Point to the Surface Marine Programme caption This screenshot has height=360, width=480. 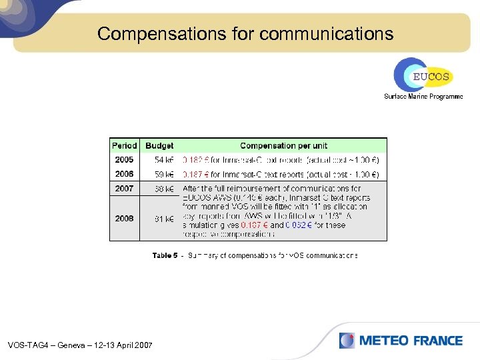[423, 97]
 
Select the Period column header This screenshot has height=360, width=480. [125, 145]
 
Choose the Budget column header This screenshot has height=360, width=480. [159, 145]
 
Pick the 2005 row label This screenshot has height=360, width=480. [124, 160]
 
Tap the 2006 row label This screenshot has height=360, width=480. [124, 174]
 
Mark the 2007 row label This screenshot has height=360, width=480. [124, 189]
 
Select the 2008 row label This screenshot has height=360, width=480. [124, 219]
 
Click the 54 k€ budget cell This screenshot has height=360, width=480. [164, 160]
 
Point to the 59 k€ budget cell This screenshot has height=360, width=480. [164, 175]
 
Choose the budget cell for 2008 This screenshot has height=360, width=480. [164, 219]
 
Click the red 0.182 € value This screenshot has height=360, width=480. [195, 160]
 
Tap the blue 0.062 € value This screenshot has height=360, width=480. [297, 225]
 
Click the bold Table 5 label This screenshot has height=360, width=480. [165, 255]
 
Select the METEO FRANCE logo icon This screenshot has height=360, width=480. [347, 341]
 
